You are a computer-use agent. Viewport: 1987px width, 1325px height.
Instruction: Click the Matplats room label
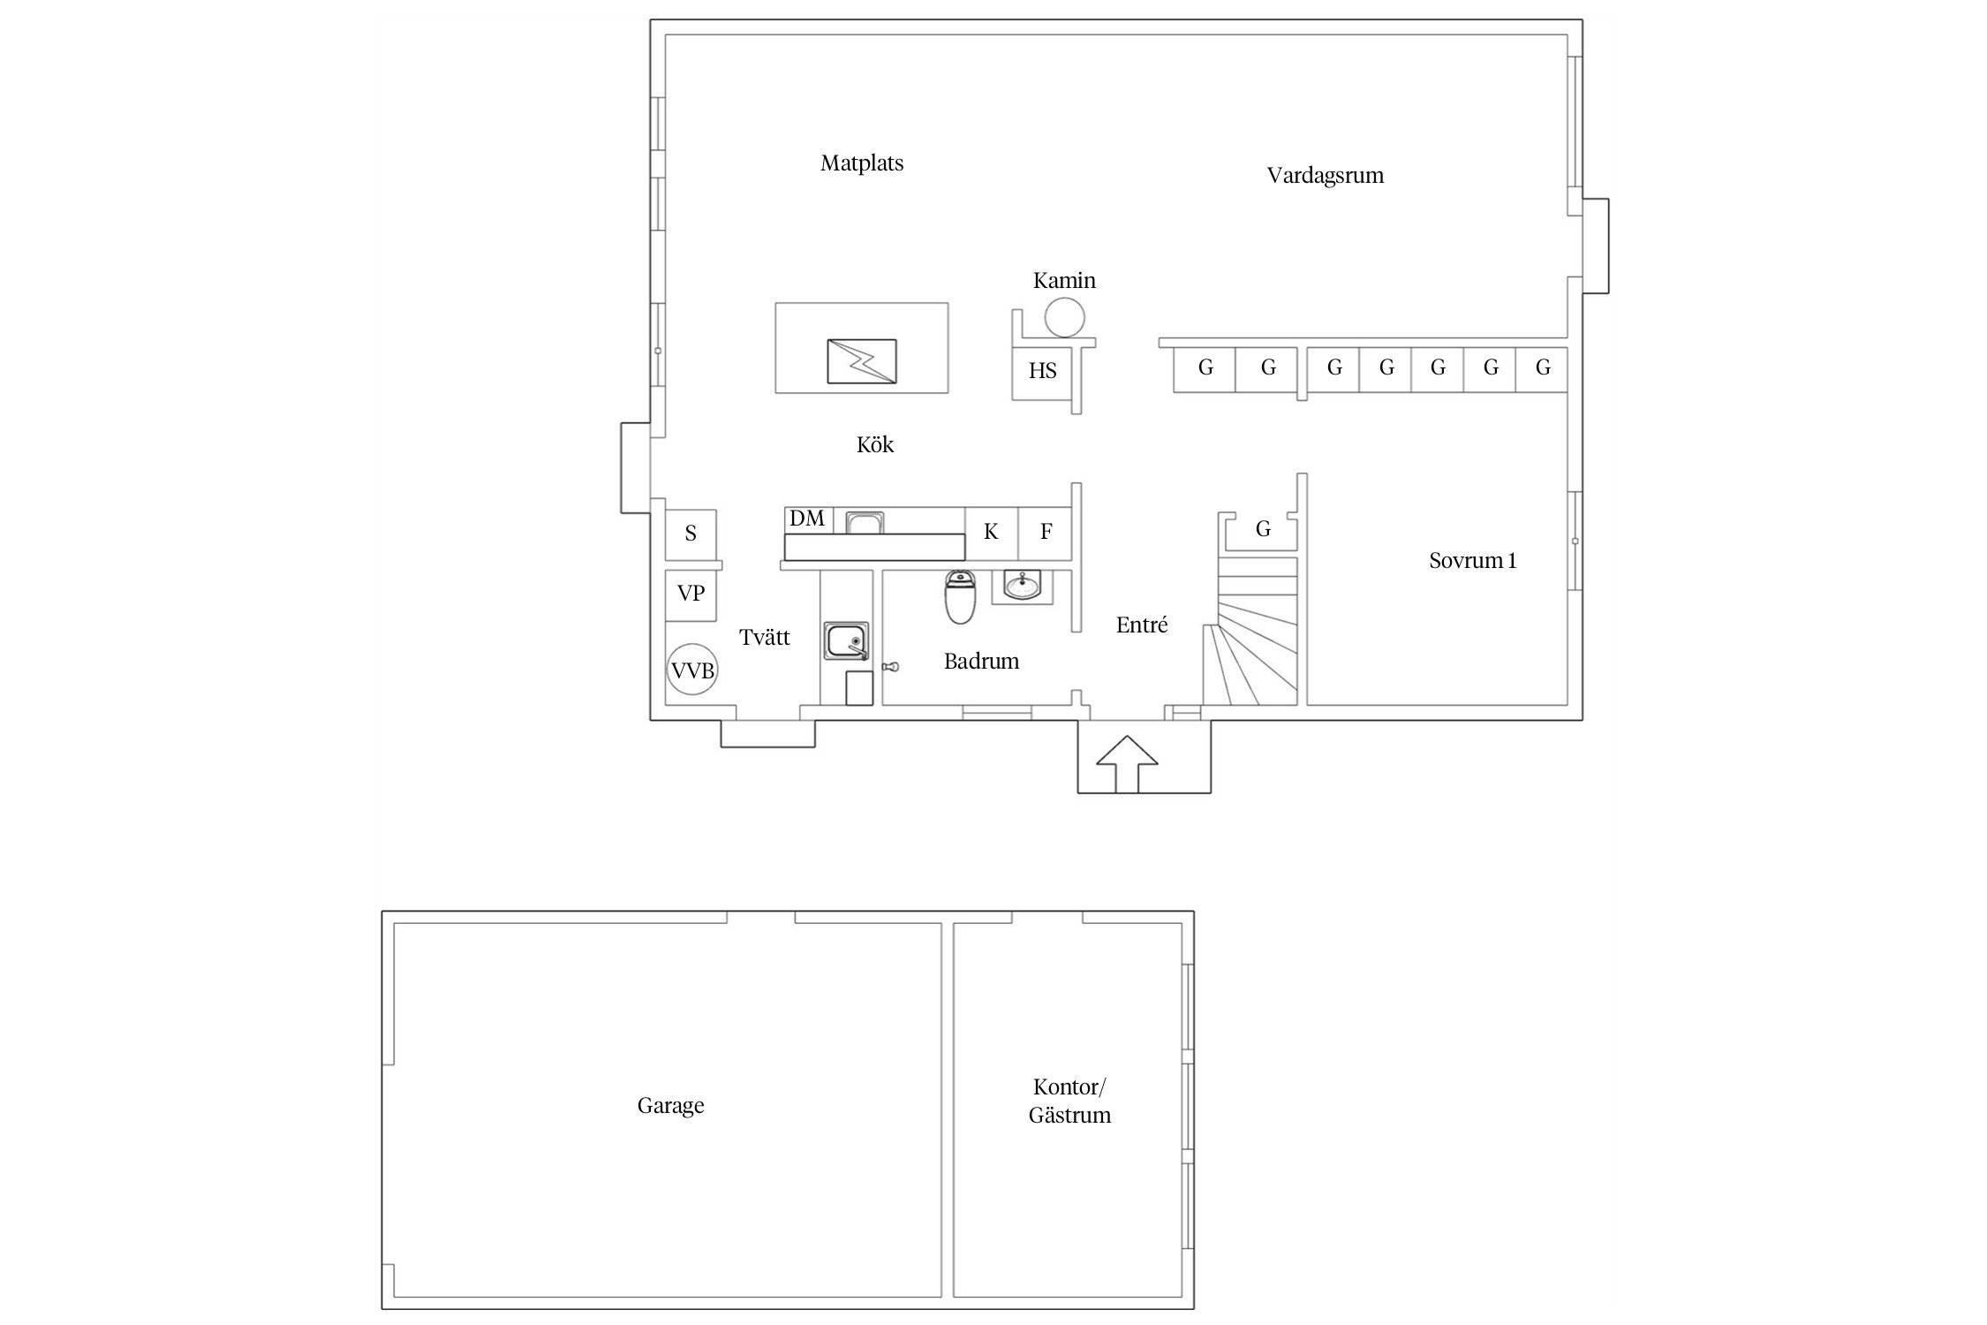pyautogui.click(x=862, y=163)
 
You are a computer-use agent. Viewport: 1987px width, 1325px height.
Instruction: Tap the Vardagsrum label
pyautogui.click(x=1326, y=176)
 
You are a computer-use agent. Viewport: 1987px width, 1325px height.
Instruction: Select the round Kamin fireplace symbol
pyautogui.click(x=1064, y=317)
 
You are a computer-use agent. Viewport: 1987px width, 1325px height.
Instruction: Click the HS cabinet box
pyautogui.click(x=1042, y=371)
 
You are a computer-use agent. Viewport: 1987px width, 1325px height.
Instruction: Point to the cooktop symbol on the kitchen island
pyautogui.click(x=862, y=361)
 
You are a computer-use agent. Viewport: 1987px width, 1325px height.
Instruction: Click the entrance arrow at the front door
pyautogui.click(x=1126, y=763)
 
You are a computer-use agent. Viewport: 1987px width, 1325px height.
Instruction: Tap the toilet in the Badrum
pyautogui.click(x=959, y=596)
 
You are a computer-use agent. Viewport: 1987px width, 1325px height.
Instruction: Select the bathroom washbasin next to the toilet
pyautogui.click(x=1023, y=585)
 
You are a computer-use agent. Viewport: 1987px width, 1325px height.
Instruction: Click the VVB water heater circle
pyautogui.click(x=692, y=669)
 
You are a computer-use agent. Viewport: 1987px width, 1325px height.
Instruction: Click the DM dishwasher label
pyautogui.click(x=807, y=519)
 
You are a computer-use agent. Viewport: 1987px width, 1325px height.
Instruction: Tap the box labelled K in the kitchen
pyautogui.click(x=992, y=533)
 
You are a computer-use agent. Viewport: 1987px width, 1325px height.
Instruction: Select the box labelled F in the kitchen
pyautogui.click(x=1046, y=533)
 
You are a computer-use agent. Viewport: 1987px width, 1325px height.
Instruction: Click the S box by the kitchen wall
pyautogui.click(x=691, y=534)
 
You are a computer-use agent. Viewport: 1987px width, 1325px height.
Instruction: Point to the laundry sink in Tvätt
pyautogui.click(x=847, y=641)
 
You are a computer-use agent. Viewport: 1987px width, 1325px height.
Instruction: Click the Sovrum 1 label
pyautogui.click(x=1473, y=561)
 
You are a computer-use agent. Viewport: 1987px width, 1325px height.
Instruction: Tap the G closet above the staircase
pyautogui.click(x=1263, y=530)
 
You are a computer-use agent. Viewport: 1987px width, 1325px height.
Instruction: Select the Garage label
pyautogui.click(x=671, y=1107)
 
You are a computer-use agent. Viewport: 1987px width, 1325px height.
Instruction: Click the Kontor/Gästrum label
pyautogui.click(x=1069, y=1102)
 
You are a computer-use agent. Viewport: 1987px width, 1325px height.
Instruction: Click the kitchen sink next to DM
pyautogui.click(x=865, y=522)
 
